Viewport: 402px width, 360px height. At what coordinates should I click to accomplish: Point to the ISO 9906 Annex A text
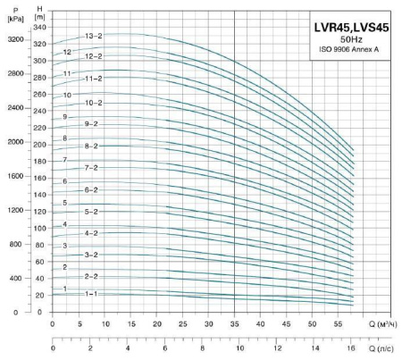(x=350, y=50)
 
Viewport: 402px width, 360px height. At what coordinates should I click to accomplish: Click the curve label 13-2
(x=94, y=36)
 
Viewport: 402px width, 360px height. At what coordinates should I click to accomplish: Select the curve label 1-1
(x=91, y=293)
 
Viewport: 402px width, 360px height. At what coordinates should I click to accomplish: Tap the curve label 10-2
(x=94, y=104)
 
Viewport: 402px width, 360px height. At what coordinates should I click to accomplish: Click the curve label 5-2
(x=91, y=212)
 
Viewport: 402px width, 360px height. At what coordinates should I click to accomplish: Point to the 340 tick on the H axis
(x=39, y=28)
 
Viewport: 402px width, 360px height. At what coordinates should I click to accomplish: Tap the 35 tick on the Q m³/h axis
(x=234, y=322)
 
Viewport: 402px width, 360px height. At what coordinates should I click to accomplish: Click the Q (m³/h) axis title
(x=382, y=322)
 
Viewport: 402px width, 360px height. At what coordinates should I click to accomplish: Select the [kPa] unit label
(x=13, y=17)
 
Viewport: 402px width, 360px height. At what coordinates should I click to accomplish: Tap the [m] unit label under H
(x=39, y=17)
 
